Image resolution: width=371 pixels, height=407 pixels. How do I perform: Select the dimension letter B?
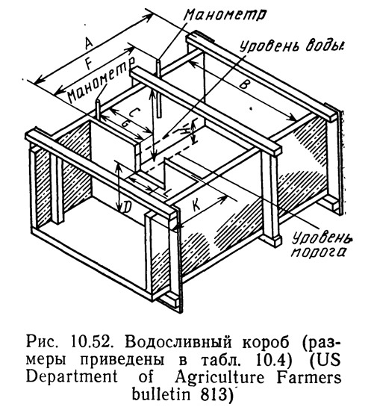point(243,84)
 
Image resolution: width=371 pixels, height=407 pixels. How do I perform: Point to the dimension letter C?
point(134,113)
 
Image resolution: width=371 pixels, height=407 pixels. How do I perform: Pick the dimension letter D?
point(127,208)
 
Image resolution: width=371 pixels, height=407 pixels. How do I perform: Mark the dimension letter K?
point(196,206)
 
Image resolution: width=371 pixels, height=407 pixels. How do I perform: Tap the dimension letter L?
point(167,193)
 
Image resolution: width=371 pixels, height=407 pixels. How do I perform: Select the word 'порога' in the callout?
point(318,252)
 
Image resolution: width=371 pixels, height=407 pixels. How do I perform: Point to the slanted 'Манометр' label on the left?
point(101,80)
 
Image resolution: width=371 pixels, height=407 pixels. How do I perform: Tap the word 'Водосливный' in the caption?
point(178,344)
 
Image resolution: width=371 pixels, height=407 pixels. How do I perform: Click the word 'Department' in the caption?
point(72,378)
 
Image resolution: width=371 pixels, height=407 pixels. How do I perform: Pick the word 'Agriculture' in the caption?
point(219,378)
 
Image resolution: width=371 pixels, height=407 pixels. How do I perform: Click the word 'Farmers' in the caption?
point(308,377)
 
